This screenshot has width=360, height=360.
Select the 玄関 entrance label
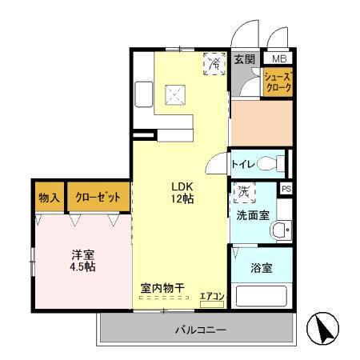pyautogui.click(x=244, y=59)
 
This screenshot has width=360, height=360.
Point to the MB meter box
pyautogui.click(x=280, y=59)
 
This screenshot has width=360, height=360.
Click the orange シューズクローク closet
pyautogui.click(x=278, y=82)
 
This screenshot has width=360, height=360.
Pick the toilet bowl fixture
pyautogui.click(x=271, y=164)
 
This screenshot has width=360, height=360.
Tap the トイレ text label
pyautogui.click(x=243, y=165)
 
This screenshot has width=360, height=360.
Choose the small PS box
pyautogui.click(x=286, y=189)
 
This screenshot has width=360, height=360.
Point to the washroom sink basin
pyautogui.click(x=279, y=231)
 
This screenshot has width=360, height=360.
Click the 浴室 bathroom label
pyautogui.click(x=261, y=268)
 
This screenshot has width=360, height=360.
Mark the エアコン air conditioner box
pyautogui.click(x=212, y=296)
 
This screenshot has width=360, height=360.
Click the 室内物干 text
pyautogui.click(x=163, y=286)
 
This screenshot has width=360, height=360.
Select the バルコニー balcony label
pyautogui.click(x=201, y=330)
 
